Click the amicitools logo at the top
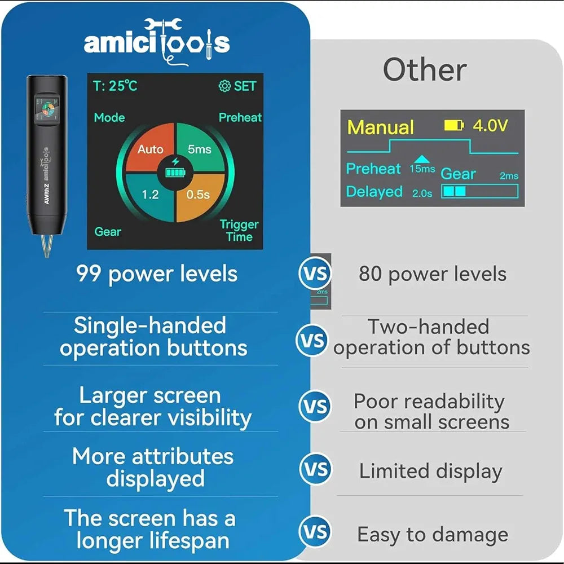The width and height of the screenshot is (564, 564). coord(157,41)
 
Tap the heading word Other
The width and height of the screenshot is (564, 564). coord(425,70)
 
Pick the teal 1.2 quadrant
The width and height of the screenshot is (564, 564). coord(150,195)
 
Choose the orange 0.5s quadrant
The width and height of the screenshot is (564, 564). coord(199,195)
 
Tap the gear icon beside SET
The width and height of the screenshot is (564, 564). coord(224,86)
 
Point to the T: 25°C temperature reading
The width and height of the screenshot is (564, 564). coord(115,86)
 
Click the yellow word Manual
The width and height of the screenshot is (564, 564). coord(381,127)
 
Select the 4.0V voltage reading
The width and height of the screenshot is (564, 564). coord(490,126)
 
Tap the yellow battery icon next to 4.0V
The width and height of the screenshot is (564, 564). coord(453,126)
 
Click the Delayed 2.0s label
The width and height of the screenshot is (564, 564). coord(389,192)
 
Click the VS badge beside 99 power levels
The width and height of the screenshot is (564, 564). coord(315,274)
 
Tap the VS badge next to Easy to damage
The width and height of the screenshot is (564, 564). coord(315,532)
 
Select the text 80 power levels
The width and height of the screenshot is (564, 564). coord(433,275)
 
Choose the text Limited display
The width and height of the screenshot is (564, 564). coord(430,472)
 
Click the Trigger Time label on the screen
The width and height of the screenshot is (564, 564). coord(239,231)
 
